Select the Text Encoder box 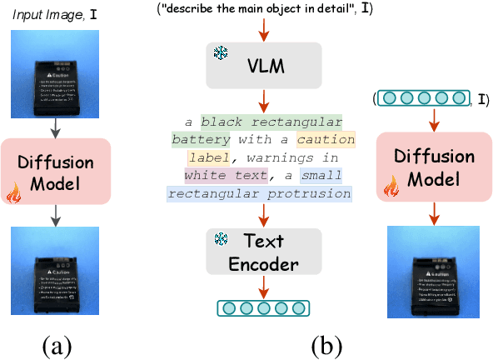tap(262, 252)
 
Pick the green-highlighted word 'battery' tap(201, 138)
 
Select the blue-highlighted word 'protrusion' tap(311, 193)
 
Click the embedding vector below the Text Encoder tap(262, 308)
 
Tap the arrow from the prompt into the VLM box tap(262, 29)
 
